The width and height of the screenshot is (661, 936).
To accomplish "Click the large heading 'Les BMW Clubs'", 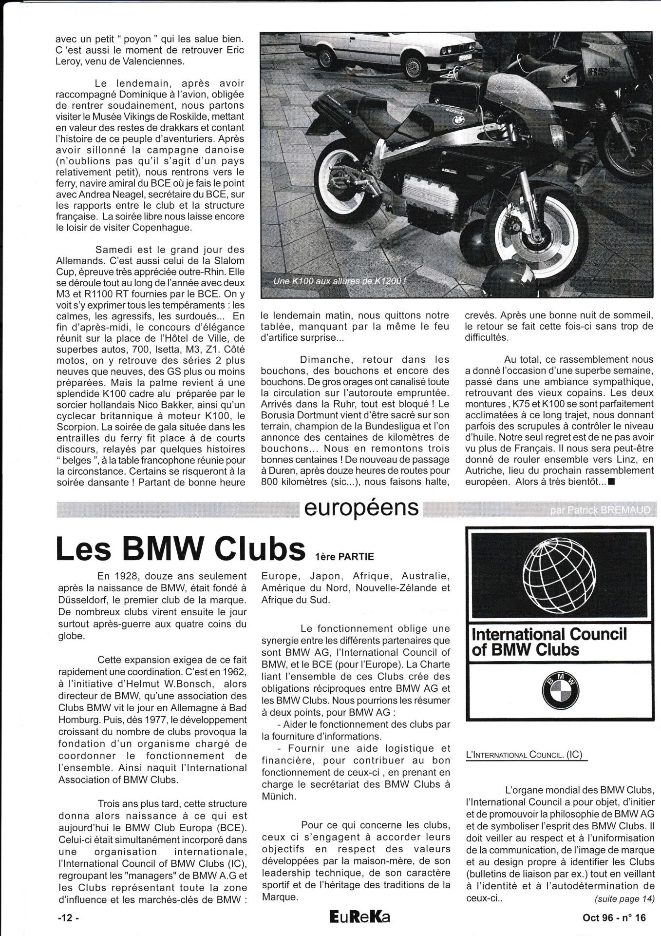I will pyautogui.click(x=178, y=548).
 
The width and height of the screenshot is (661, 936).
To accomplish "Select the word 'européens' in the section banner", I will pyautogui.click(x=361, y=507).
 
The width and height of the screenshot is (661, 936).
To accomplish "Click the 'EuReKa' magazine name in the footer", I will pyautogui.click(x=359, y=917).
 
